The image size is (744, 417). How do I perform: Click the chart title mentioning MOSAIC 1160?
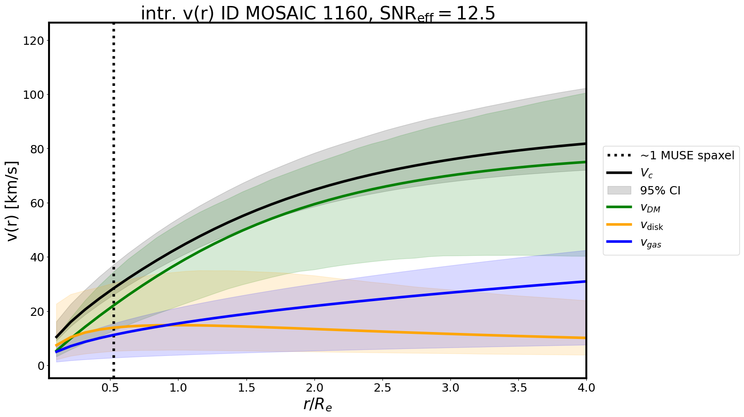click(318, 13)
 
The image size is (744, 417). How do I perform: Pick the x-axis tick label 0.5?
click(110, 388)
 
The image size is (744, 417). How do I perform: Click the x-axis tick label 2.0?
click(314, 388)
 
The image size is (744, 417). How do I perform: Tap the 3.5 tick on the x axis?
click(518, 388)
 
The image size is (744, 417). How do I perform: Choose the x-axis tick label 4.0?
click(586, 388)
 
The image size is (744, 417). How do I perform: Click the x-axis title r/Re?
click(318, 405)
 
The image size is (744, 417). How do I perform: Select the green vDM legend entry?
click(650, 208)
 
